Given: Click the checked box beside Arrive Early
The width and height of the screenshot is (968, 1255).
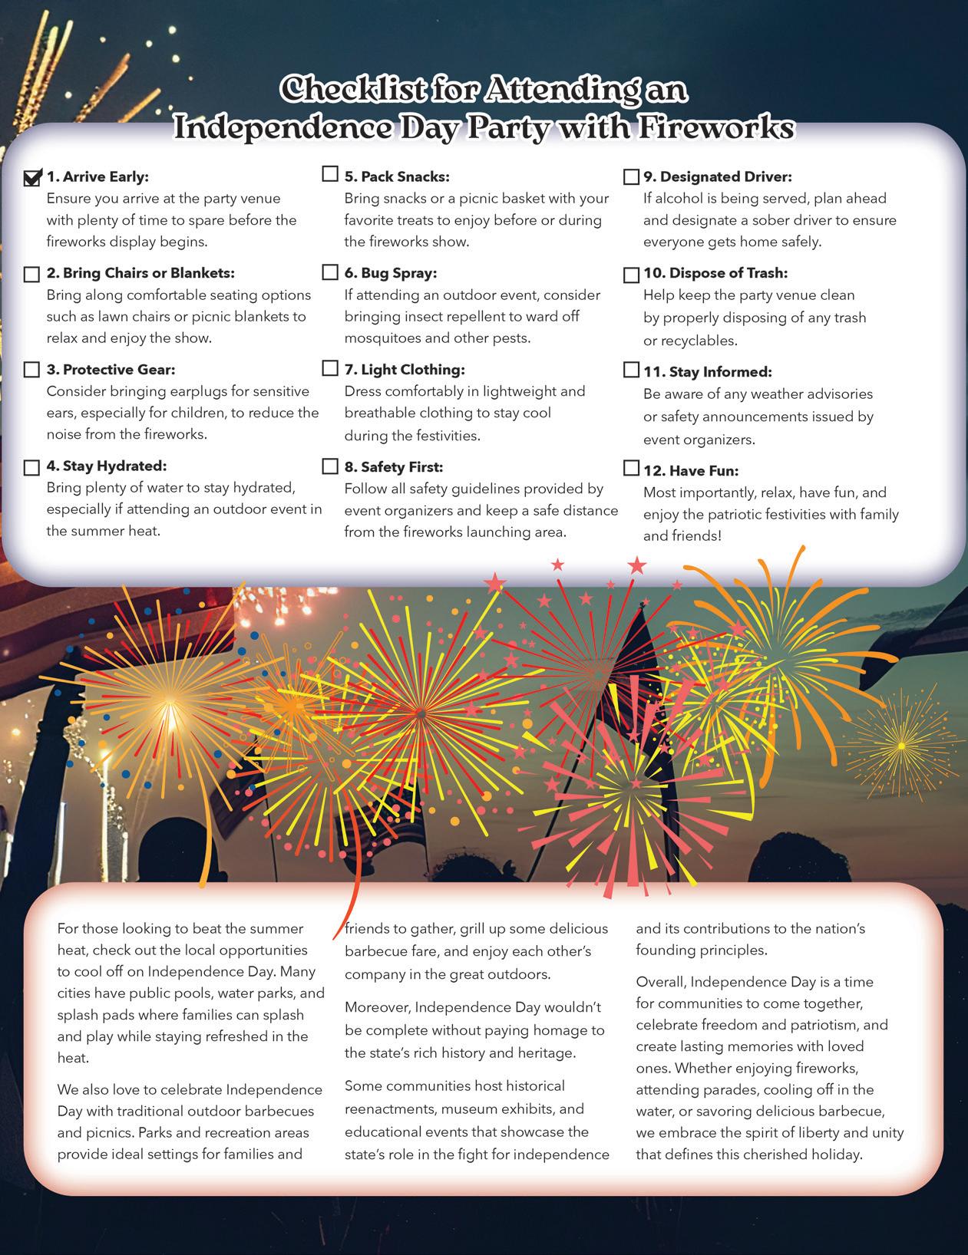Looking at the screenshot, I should tap(32, 178).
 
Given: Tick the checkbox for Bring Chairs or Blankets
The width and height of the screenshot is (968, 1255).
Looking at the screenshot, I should tap(32, 275).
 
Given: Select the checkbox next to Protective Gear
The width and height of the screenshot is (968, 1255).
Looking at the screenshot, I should tap(32, 371).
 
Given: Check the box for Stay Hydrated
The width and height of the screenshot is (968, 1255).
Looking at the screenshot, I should tap(32, 467).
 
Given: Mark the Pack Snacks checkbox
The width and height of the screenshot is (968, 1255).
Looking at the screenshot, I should tap(330, 175).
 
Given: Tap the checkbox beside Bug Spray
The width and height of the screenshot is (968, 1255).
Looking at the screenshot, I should tap(330, 272).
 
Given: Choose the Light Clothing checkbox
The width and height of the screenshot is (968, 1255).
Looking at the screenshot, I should tap(330, 369).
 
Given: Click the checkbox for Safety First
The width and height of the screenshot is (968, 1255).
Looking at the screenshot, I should tap(330, 466).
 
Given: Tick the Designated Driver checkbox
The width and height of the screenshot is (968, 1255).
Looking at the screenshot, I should tap(631, 177).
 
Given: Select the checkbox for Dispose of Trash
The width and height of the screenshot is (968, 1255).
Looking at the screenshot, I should tap(631, 275).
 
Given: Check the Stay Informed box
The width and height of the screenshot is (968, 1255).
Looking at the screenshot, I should tap(631, 371).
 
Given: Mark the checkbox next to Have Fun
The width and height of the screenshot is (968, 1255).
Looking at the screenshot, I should tap(631, 468).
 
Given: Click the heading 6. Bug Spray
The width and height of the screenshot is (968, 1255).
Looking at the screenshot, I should tap(391, 273).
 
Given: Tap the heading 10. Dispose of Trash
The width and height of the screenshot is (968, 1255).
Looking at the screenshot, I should tap(715, 273).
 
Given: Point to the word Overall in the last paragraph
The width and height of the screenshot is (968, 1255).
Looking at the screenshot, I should tap(661, 982).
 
